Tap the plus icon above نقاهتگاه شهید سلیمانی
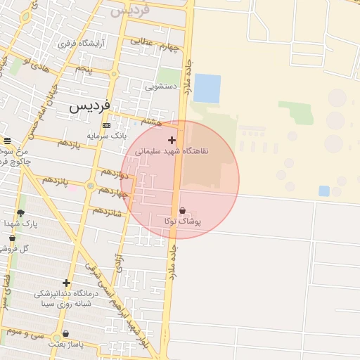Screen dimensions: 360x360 172,140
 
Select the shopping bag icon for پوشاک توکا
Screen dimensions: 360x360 183,210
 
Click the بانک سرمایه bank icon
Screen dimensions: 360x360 106,125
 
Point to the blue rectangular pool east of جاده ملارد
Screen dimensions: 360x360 207,89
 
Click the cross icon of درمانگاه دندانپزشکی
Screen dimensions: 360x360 66,283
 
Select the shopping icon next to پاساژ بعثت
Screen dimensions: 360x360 66,334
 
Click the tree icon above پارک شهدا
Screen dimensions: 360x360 20,213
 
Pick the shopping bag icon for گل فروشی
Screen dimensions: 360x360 12,238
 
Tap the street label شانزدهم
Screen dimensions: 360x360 107,212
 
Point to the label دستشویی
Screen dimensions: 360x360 160,87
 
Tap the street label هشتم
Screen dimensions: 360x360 151,122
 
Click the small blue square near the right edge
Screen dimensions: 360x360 324,191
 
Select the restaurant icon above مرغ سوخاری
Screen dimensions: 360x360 8,141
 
